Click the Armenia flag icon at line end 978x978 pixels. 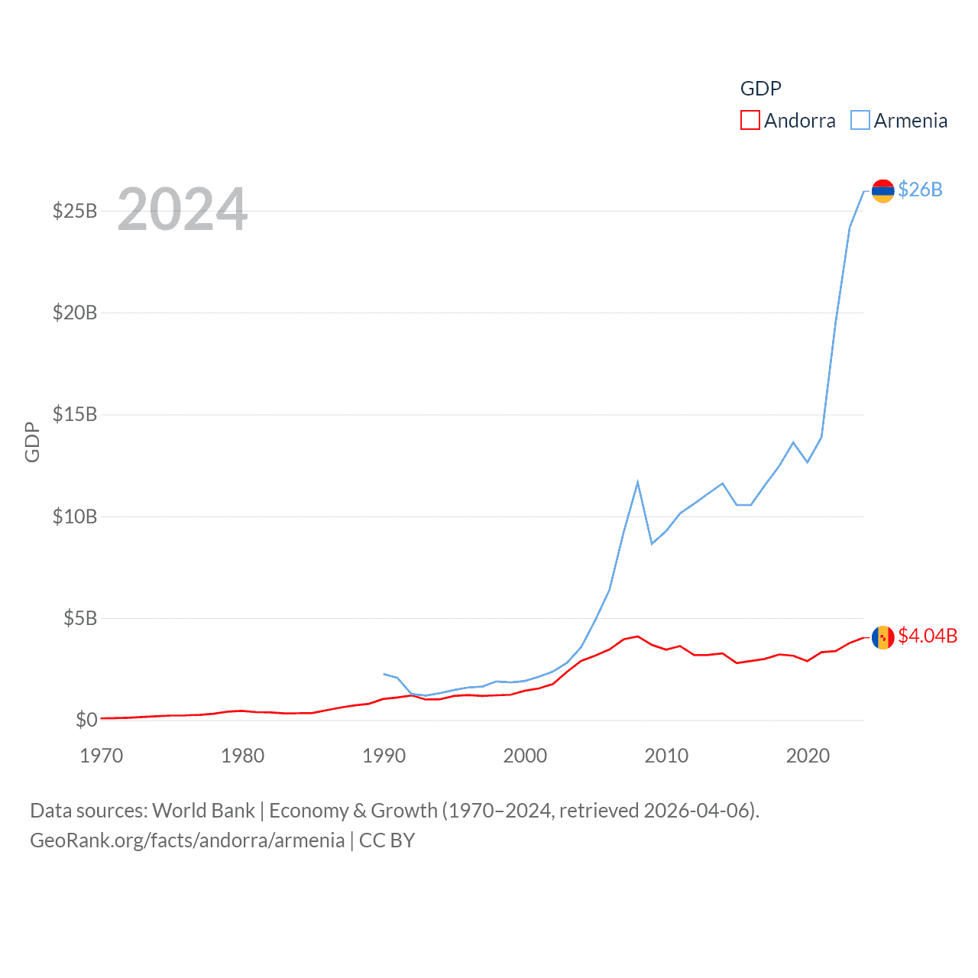882,191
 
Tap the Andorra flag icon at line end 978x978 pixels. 882,637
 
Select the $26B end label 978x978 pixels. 920,189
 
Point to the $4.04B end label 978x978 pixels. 928,636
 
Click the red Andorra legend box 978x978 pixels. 750,121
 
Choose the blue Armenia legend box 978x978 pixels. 860,121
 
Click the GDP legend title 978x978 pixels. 760,89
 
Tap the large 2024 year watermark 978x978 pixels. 182,209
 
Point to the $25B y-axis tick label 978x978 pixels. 74,211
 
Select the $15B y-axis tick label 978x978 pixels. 74,415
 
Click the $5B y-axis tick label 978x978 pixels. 79,618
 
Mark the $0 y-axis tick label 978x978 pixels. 86,720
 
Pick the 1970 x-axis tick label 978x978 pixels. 102,756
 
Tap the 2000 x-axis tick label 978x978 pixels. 525,756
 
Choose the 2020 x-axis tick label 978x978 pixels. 808,756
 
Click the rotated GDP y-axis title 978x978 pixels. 32,442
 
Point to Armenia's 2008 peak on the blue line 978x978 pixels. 637,482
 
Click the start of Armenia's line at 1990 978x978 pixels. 384,674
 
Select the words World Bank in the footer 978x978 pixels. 203,811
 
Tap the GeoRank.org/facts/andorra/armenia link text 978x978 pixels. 187,840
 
